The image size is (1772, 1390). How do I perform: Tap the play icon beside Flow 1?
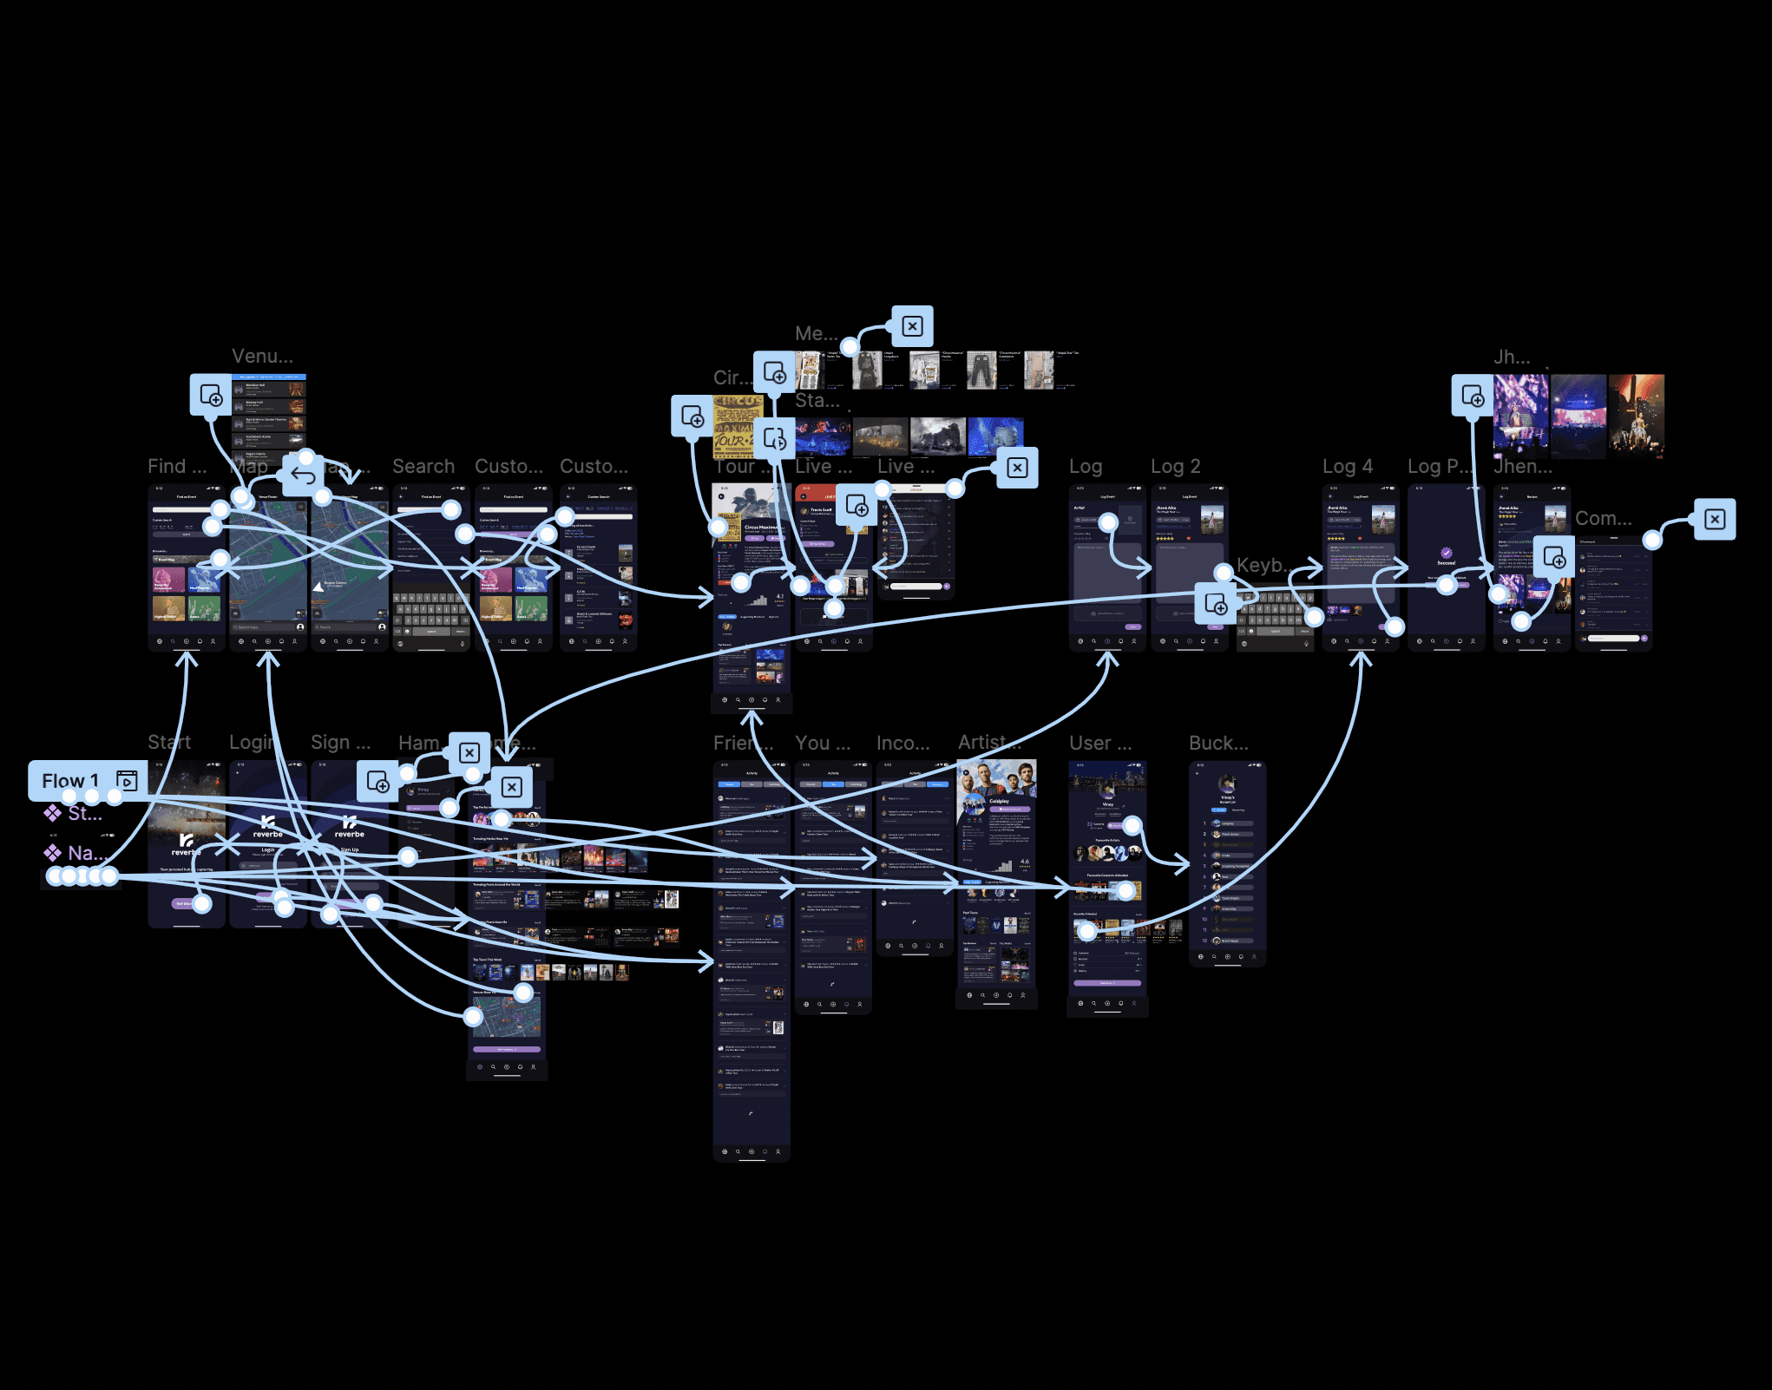point(127,781)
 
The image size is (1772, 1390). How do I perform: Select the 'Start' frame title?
point(169,743)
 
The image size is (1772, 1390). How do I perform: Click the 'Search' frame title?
point(423,467)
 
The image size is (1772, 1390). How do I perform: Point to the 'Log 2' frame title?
point(1175,467)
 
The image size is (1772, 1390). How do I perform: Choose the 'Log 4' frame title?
point(1347,467)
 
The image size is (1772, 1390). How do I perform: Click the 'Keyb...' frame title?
point(1263,566)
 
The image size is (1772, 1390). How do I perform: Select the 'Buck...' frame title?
point(1218,744)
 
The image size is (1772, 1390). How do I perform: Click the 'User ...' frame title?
point(1100,744)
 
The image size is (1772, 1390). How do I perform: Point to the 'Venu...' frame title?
point(262,357)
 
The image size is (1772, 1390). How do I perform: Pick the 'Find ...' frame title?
point(177,467)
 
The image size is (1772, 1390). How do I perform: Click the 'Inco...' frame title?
point(902,744)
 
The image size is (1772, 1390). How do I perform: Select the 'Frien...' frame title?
point(743,744)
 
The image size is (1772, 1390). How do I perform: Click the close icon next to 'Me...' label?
point(912,326)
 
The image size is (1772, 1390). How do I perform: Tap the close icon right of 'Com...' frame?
point(1715,519)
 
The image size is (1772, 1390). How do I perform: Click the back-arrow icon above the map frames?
point(303,475)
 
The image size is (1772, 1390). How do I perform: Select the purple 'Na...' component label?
point(87,853)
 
